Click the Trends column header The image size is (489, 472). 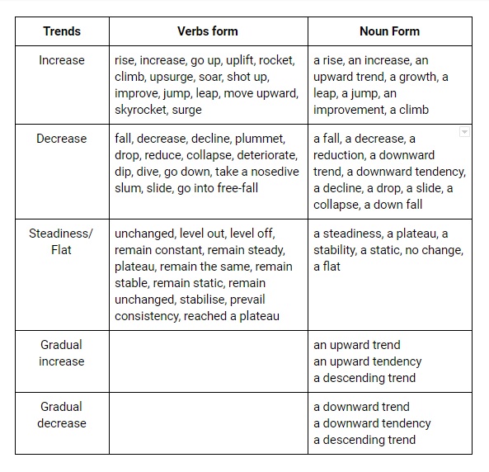coord(62,31)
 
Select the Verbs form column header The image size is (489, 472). coord(208,31)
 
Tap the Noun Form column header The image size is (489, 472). coord(389,31)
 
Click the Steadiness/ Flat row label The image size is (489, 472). coord(62,241)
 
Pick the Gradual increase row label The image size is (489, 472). coord(62,352)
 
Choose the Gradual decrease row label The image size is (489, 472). coord(62,414)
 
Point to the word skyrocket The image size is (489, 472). coord(140,110)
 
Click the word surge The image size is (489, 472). coord(186,110)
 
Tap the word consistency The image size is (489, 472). coord(146,316)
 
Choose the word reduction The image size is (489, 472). coord(345,155)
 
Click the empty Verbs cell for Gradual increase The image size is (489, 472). coord(208,361)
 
